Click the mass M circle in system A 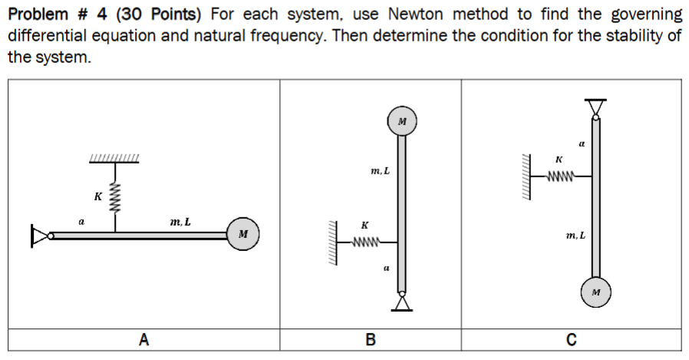coord(242,233)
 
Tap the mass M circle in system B coord(402,122)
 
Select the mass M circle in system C coord(596,292)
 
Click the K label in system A coord(97,197)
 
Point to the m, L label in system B coord(380,170)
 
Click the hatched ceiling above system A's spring coord(114,159)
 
